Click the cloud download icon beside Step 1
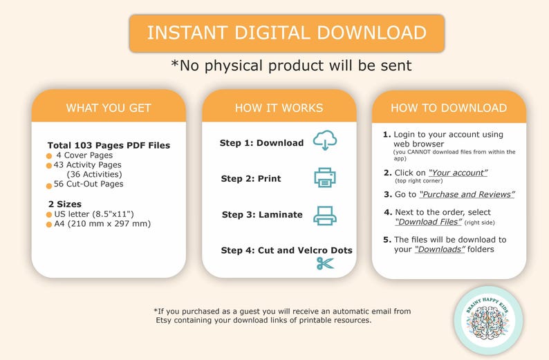(325, 140)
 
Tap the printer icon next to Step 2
(325, 178)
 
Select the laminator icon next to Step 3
(325, 215)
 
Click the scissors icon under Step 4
(325, 263)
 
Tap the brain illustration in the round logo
(488, 323)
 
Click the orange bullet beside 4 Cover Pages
(49, 155)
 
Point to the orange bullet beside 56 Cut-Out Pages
(49, 186)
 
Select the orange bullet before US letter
(49, 214)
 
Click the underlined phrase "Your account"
(458, 173)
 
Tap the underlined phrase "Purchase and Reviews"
(467, 195)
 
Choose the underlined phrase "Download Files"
(429, 222)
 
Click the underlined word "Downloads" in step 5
(440, 249)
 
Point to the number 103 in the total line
(84, 145)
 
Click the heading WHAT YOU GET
(109, 108)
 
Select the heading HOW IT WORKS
(279, 108)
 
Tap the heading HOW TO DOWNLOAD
(449, 108)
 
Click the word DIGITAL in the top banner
(272, 33)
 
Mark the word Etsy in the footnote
(163, 321)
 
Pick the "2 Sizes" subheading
(65, 204)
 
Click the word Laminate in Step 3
(280, 214)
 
